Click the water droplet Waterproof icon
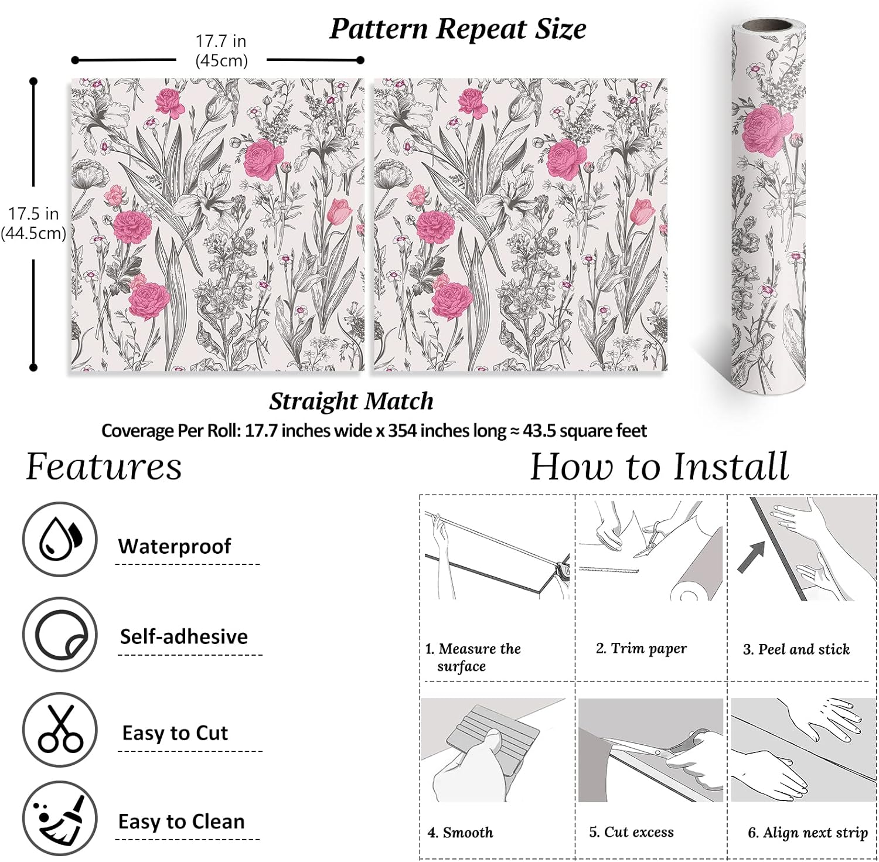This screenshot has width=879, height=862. pyautogui.click(x=60, y=539)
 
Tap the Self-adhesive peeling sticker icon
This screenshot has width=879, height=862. pyautogui.click(x=60, y=635)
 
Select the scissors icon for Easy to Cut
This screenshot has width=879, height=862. pyautogui.click(x=60, y=730)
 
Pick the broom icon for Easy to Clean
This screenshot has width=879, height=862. pyautogui.click(x=60, y=819)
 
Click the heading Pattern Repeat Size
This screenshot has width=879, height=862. pyautogui.click(x=458, y=29)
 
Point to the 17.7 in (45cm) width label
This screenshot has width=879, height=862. pyautogui.click(x=221, y=51)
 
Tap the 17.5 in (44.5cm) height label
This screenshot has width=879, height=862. pyautogui.click(x=33, y=223)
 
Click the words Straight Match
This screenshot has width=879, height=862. pyautogui.click(x=352, y=401)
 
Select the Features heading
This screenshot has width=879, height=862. pyautogui.click(x=104, y=467)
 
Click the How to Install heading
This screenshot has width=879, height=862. pyautogui.click(x=659, y=467)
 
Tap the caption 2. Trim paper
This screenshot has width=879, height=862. pyautogui.click(x=641, y=648)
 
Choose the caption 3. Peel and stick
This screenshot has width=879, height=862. pyautogui.click(x=796, y=649)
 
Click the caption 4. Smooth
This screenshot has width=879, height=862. pyautogui.click(x=461, y=832)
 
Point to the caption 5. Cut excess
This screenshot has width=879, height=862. pyautogui.click(x=631, y=832)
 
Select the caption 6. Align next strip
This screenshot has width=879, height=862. pyautogui.click(x=808, y=833)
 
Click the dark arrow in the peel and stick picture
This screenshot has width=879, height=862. pyautogui.click(x=751, y=557)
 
